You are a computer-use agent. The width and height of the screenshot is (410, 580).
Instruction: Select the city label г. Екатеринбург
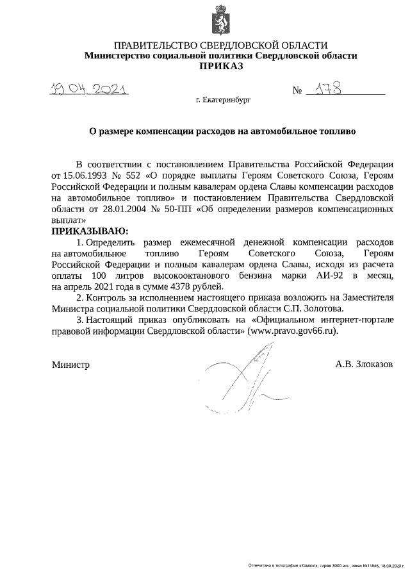pos(222,101)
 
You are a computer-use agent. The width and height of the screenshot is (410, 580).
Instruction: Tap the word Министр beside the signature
pos(70,365)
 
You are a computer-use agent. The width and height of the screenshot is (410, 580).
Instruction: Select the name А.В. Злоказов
pos(364,365)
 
